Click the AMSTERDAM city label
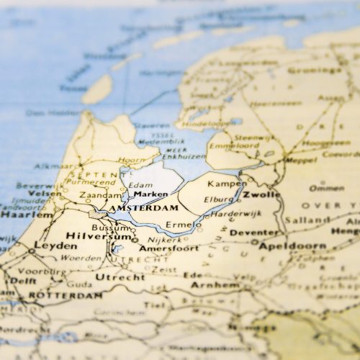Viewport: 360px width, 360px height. point(143,207)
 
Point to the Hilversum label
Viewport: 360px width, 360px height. point(89,235)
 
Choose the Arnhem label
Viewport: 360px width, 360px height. point(215,285)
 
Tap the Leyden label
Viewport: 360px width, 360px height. point(55,246)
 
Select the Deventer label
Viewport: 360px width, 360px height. point(253,233)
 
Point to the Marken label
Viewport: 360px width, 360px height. point(150,194)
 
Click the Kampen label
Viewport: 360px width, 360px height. point(227,184)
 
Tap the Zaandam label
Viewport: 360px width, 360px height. point(100,195)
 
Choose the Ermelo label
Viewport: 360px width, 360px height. point(184,225)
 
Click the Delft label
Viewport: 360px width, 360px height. point(22,281)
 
